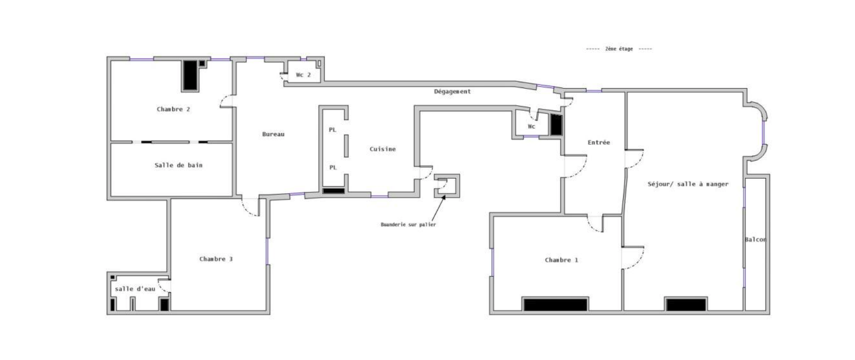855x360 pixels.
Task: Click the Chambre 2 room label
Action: pos(173,109)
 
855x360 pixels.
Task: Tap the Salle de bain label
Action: pos(178,165)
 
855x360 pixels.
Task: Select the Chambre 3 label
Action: pos(216,259)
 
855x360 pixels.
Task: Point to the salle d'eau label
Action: pos(135,289)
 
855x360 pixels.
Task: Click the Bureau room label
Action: pos(273,134)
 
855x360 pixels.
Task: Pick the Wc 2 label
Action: pos(303,74)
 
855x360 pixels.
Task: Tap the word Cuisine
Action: pos(383,149)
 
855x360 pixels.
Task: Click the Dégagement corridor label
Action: pos(453,91)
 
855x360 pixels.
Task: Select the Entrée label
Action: pos(599,142)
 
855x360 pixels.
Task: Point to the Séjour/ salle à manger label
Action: pos(688,184)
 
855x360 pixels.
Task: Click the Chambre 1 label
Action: pos(561,260)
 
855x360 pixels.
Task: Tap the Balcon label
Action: pos(755,239)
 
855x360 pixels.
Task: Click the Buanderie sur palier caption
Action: pos(408,224)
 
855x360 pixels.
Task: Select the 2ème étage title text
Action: pos(619,49)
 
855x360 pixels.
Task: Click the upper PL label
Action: pos(332,130)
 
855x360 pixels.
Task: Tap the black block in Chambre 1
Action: pos(555,305)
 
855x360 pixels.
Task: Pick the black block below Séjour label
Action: pos(686,305)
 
